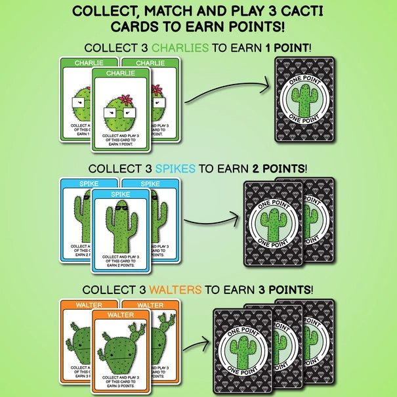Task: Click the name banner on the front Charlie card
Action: (x=121, y=73)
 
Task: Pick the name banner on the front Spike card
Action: (x=121, y=195)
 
